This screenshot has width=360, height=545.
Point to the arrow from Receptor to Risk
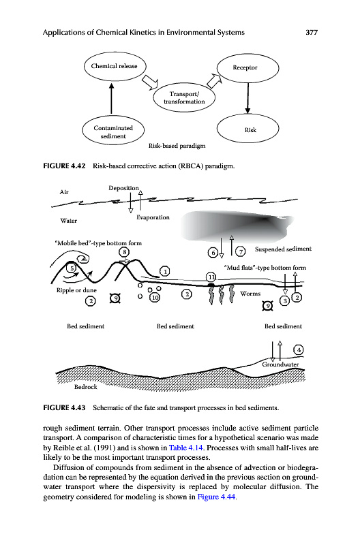coord(247,98)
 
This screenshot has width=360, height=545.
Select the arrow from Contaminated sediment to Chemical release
coord(111,98)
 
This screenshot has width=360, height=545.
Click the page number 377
coord(312,32)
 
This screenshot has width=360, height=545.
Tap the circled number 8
coord(124,252)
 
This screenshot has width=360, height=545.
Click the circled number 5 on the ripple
coord(72,268)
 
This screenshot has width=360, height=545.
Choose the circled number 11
coord(211,277)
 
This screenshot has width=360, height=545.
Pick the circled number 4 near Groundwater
coord(299,349)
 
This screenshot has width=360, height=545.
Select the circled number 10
coord(154,297)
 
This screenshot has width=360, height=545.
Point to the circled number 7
coord(241,251)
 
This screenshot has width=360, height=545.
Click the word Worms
coord(250,294)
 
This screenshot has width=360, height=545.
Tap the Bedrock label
coord(85,387)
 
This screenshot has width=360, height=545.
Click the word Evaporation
coord(153,217)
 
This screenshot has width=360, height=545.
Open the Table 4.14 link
coord(185,448)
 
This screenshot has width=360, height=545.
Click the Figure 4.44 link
coord(216,497)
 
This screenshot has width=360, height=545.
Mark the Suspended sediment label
coord(283,249)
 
